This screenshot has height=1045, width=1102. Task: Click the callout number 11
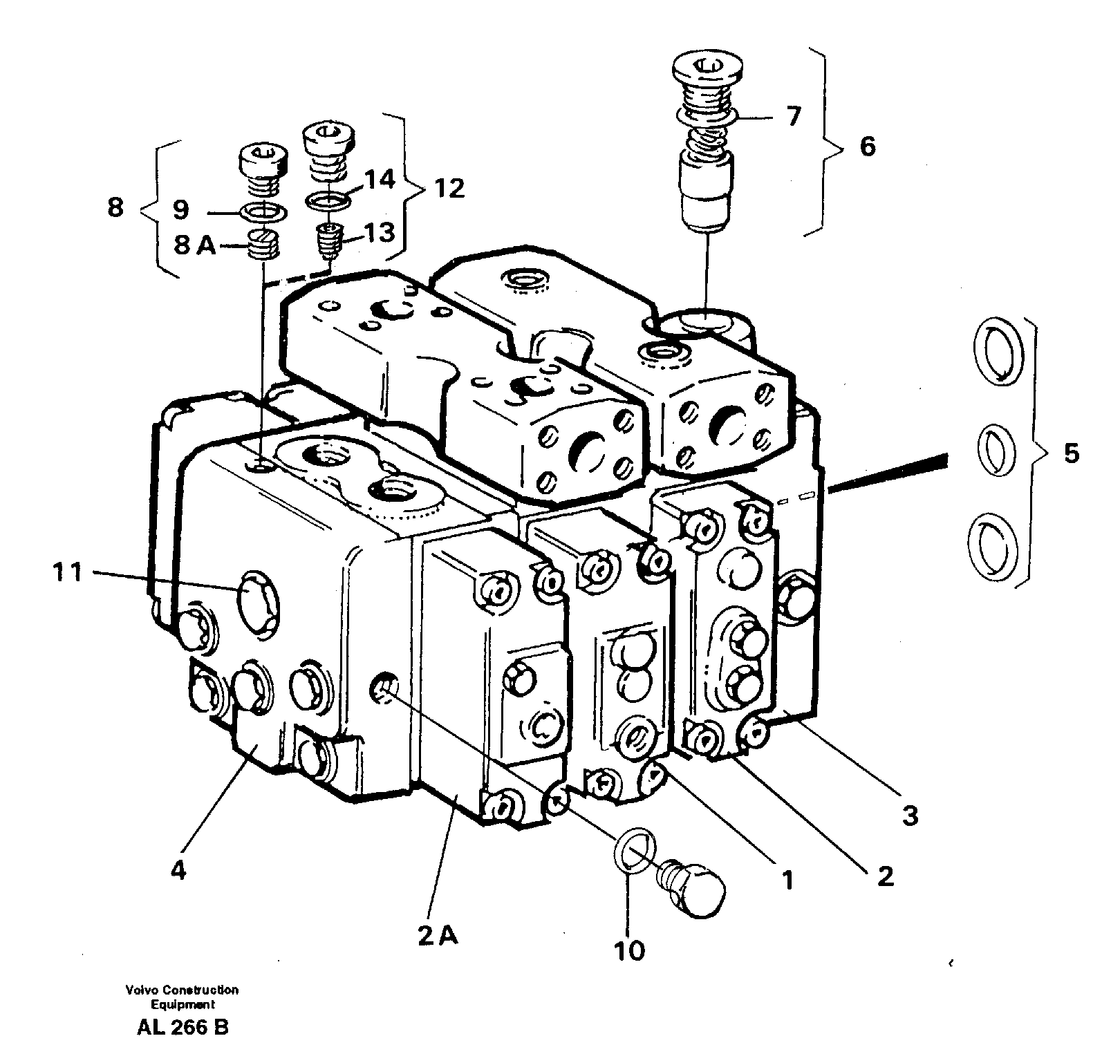[67, 573]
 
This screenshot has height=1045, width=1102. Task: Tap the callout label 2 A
[437, 936]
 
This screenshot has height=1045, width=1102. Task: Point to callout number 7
[793, 116]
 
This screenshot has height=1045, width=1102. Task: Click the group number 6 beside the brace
[867, 147]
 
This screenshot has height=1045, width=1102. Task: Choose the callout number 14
[380, 180]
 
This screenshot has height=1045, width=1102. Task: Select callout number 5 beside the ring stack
[1070, 454]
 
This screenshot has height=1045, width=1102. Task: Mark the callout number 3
[910, 816]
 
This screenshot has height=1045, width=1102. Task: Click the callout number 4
[178, 872]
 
